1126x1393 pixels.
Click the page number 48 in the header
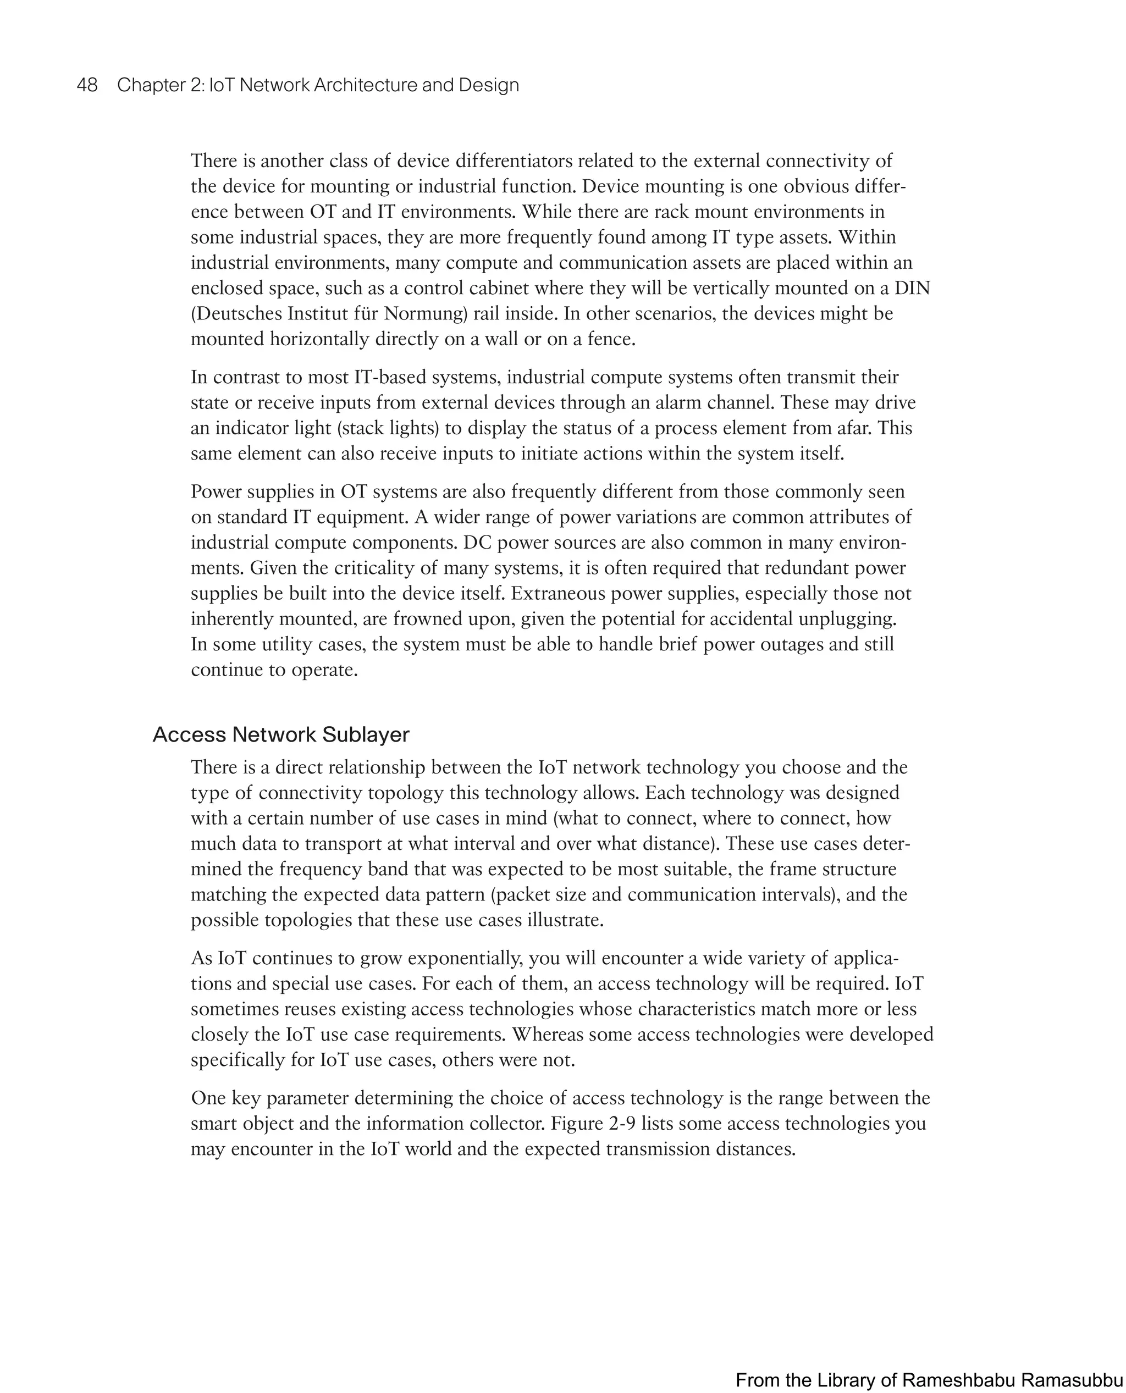[x=87, y=85]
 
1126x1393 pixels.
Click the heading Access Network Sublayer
[x=281, y=735]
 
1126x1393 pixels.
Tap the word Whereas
[x=548, y=1035]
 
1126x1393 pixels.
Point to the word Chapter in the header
[x=151, y=85]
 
